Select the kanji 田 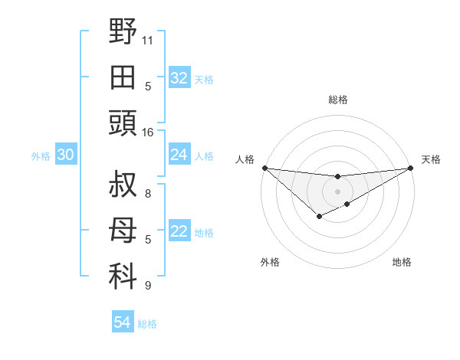(123, 77)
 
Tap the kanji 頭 (123, 123)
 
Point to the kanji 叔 (123, 185)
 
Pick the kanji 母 (123, 231)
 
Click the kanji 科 (123, 277)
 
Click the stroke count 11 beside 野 (148, 38)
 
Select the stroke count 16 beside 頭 (148, 132)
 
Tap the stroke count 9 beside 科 (148, 286)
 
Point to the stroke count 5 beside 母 (148, 240)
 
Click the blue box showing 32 (179, 78)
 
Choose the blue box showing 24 (179, 155)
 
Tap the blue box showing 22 (179, 231)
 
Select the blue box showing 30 (65, 155)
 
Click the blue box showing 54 (122, 322)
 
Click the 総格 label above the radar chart (337, 100)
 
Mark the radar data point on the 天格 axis (412, 168)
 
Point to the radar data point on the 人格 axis (264, 168)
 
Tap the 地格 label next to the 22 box (204, 233)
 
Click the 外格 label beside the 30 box (41, 156)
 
